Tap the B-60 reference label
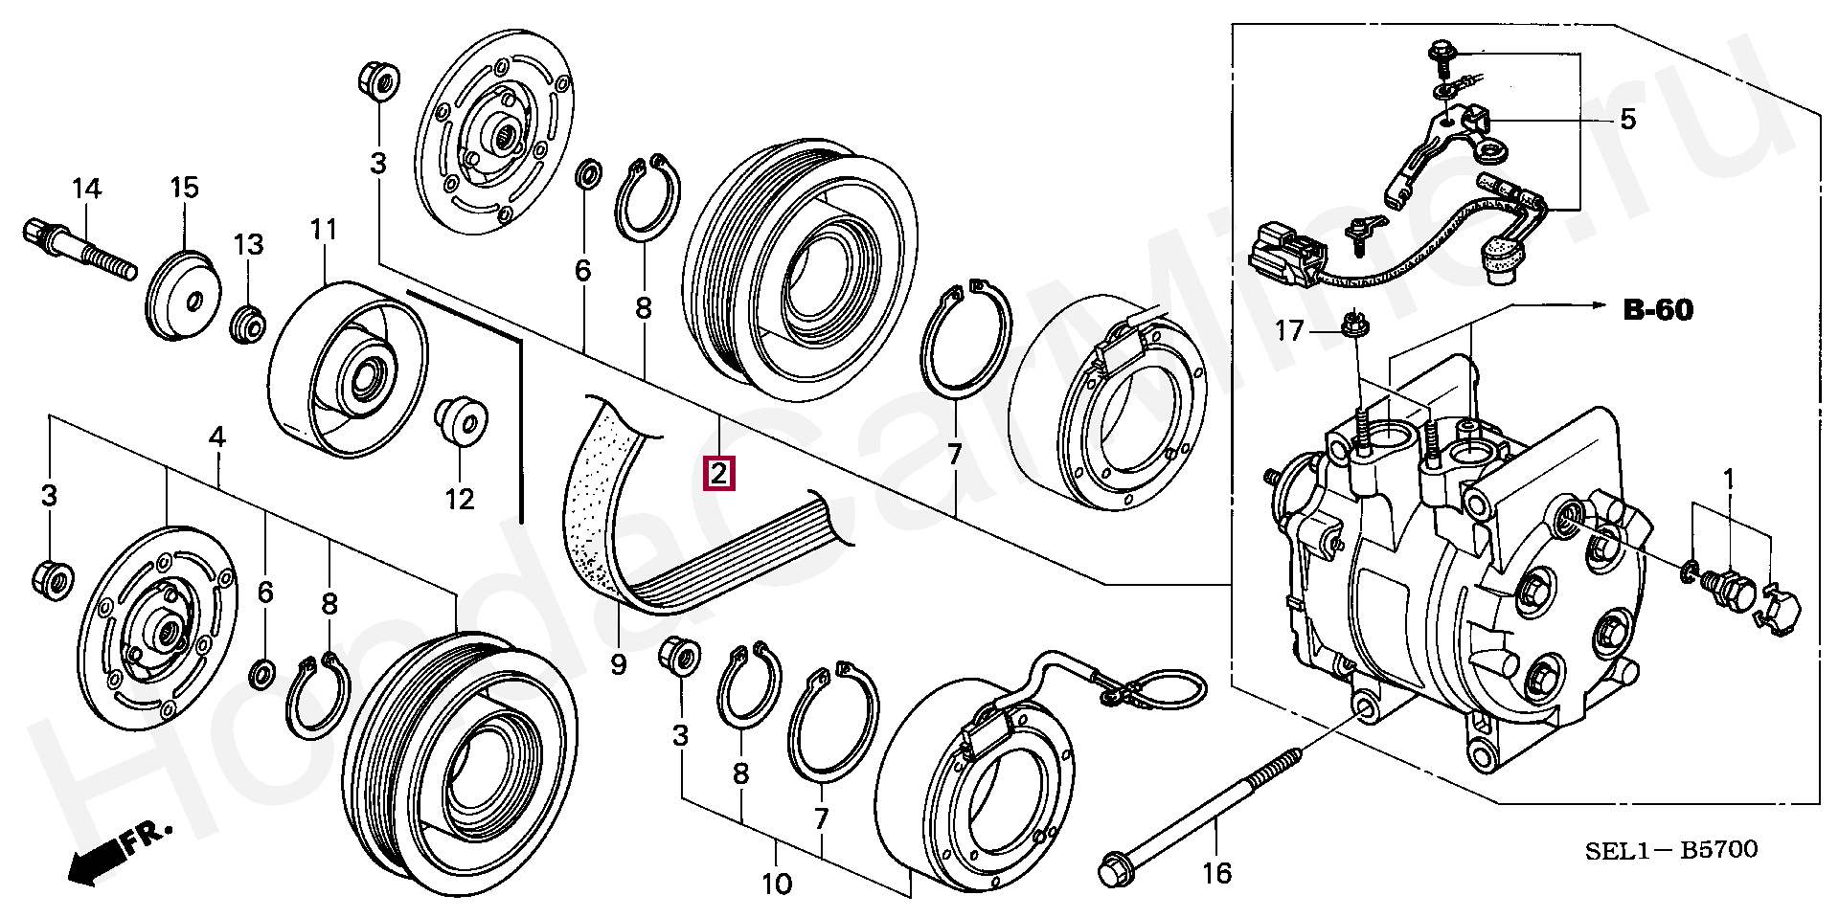coord(1657,309)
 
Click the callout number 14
coord(86,189)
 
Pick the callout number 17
coord(1289,331)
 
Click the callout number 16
coord(1218,872)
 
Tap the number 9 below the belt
coord(618,662)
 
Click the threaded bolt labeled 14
coord(81,249)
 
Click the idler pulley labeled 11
coord(348,367)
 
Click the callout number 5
coord(1628,120)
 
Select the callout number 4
coord(217,438)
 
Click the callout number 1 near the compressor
coord(1729,477)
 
